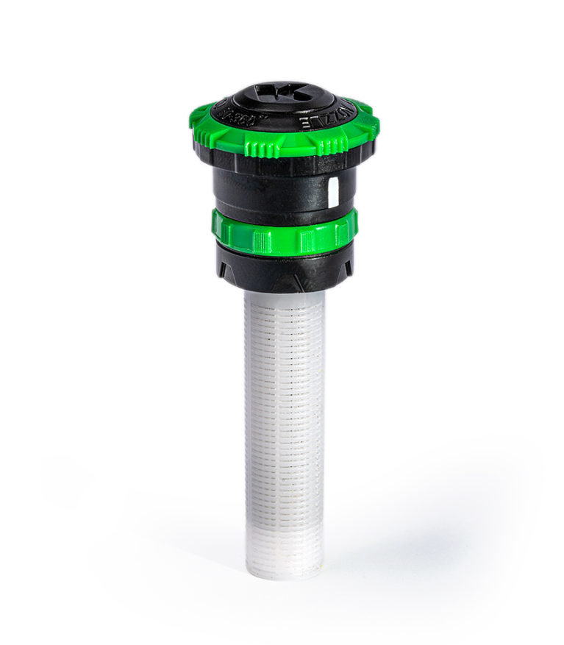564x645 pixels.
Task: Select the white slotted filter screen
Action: point(284,412)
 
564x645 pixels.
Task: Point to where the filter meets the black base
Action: point(284,293)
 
